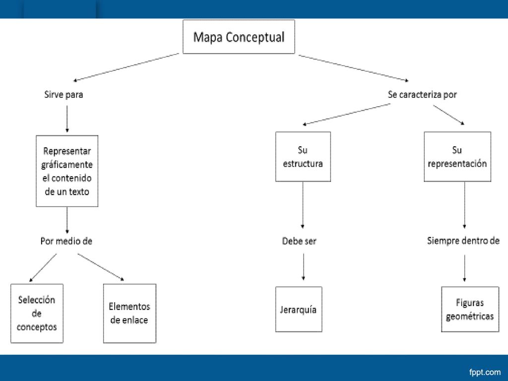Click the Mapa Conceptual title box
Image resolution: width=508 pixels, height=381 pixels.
[239, 37]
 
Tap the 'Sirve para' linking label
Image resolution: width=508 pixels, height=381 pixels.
[63, 95]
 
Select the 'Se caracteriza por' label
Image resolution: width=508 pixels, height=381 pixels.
[422, 95]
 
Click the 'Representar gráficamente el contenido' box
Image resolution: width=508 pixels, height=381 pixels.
[67, 171]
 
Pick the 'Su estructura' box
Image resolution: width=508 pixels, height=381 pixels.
[303, 156]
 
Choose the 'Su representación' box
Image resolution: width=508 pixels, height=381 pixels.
[457, 156]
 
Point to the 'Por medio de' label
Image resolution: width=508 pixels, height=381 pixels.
[66, 241]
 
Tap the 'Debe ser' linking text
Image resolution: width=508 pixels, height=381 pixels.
[299, 241]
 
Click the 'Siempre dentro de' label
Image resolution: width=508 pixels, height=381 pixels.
[463, 241]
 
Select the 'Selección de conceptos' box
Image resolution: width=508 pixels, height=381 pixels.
[37, 314]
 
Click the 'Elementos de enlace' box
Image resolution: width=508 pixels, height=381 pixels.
[129, 314]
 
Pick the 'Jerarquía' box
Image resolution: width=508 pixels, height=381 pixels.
[299, 309]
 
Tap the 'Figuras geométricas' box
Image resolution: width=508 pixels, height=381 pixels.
[470, 309]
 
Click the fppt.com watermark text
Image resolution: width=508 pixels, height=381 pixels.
[485, 372]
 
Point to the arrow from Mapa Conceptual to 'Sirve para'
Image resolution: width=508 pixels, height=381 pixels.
[126, 67]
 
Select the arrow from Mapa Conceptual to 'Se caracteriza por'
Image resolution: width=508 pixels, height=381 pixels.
[353, 67]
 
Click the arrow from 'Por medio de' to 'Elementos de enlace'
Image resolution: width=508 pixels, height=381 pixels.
[101, 267]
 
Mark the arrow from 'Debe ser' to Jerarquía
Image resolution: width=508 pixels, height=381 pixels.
[303, 266]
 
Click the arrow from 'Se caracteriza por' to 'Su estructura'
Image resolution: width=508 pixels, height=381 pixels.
[347, 114]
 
